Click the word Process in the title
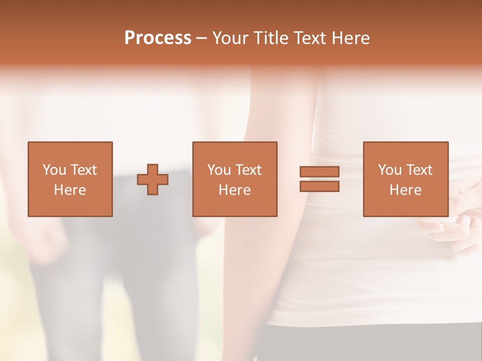(158, 38)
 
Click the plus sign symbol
(153, 179)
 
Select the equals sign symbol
(319, 179)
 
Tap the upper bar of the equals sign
(319, 172)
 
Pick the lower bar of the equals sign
(319, 186)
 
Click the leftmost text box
(70, 179)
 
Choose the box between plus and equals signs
(234, 179)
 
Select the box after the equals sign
(405, 179)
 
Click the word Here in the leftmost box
(70, 190)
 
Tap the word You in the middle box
(219, 170)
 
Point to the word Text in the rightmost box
(419, 170)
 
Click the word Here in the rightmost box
(405, 190)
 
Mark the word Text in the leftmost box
(83, 170)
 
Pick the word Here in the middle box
(234, 190)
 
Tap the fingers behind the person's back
(452, 226)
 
